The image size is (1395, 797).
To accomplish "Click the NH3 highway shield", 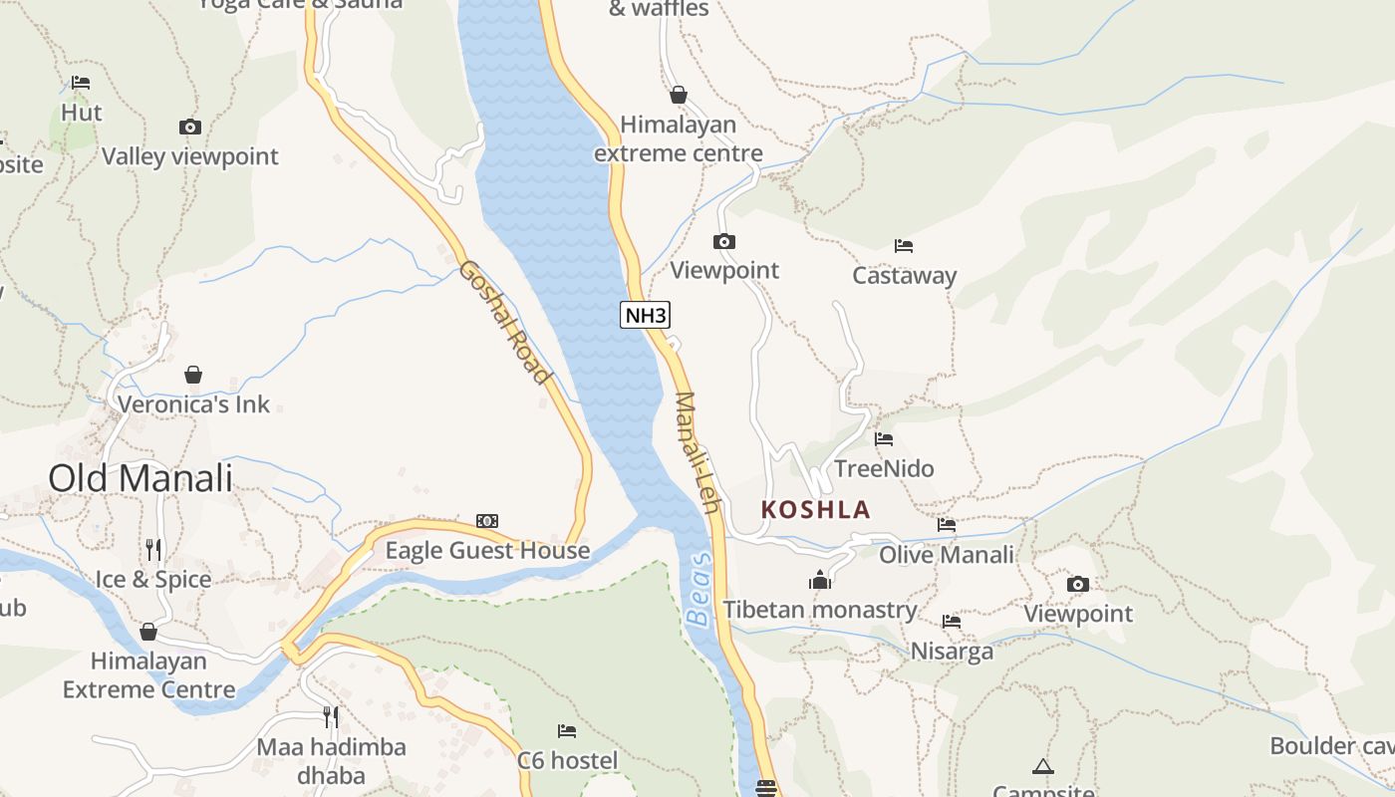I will (x=645, y=316).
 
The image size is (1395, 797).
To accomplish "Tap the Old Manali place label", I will (x=140, y=478).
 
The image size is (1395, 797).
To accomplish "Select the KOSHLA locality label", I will (x=815, y=510).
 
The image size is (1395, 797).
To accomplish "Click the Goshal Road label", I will (x=504, y=322).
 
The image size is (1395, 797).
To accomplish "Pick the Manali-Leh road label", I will (x=697, y=452).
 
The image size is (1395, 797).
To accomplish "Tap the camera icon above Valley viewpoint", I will (x=189, y=127).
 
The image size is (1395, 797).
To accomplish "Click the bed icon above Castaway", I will (x=904, y=245).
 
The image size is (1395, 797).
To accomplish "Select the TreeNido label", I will (x=884, y=468).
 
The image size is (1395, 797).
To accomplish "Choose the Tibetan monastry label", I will (x=819, y=610).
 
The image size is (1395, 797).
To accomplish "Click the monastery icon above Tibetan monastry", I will (x=819, y=580).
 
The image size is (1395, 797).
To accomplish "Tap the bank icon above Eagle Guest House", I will (x=487, y=521).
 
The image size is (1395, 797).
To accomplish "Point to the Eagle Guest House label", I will (x=487, y=551).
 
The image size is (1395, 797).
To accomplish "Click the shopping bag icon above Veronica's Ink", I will (x=193, y=375).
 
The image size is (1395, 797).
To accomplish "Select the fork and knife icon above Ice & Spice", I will (x=152, y=549).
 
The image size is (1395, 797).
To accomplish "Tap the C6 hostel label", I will (x=567, y=761).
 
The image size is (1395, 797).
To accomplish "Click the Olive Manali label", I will (x=946, y=554).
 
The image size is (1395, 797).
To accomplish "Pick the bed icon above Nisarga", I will (x=952, y=622).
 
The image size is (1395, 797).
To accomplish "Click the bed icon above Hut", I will (x=81, y=83).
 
